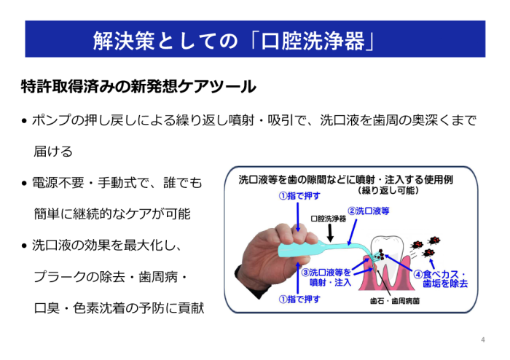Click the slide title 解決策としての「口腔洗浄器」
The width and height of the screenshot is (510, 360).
[234, 40]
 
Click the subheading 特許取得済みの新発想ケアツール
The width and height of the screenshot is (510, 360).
[138, 87]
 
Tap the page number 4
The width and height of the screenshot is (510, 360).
[482, 340]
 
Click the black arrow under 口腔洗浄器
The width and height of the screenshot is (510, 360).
[329, 231]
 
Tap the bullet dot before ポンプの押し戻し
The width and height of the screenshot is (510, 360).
[25, 121]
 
